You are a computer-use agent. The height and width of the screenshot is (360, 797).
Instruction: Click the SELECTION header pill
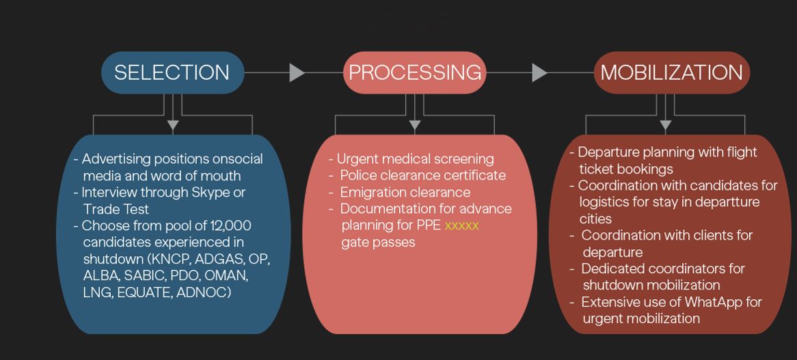172,72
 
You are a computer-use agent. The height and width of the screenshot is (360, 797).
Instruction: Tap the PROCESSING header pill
415,72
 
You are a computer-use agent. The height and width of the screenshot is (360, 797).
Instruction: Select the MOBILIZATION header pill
671,72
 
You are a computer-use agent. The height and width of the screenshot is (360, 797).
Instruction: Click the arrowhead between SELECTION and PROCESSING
297,72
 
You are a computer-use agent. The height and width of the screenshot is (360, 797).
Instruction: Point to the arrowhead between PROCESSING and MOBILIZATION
539,72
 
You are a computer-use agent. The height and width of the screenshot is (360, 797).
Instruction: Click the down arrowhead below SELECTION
173,125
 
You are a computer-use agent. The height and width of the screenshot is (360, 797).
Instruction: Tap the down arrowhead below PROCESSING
414,125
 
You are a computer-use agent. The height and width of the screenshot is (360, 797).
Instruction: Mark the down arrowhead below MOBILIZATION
665,125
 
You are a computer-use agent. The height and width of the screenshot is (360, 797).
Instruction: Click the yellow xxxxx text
461,225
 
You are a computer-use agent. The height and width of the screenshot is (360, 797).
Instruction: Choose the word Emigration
374,192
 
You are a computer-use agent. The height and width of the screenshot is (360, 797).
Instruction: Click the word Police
359,176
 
